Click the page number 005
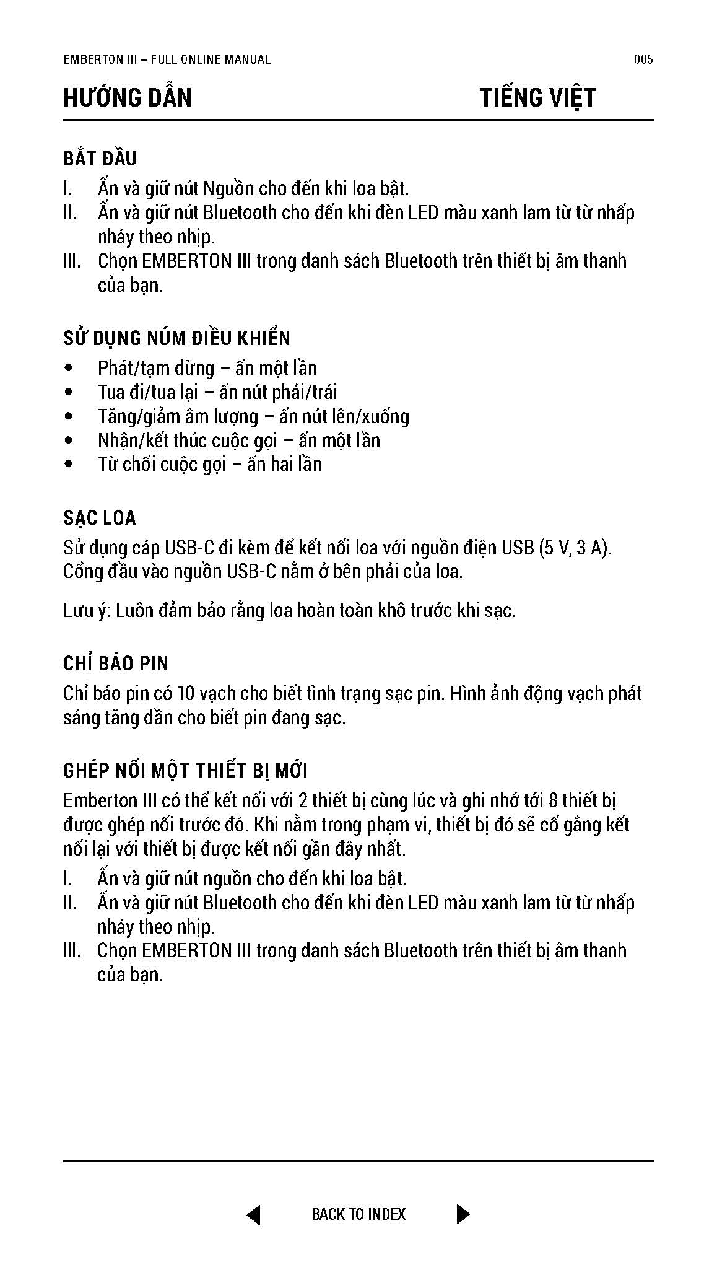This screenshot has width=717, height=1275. tap(643, 59)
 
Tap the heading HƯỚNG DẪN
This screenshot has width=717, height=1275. tap(128, 98)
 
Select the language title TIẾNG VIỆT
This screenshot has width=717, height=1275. tap(537, 98)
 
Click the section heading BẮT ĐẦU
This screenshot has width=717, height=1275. tap(100, 159)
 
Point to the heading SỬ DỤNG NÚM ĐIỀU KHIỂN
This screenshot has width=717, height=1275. tap(176, 338)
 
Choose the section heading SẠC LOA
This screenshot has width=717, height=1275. tap(100, 518)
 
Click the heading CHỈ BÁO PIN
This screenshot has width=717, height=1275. tap(116, 664)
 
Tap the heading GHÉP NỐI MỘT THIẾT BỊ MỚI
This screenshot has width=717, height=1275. tap(186, 771)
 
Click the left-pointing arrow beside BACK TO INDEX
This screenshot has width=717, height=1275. tap(254, 1214)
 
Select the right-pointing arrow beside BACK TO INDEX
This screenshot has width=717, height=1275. tap(463, 1214)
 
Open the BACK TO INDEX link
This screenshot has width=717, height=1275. tap(358, 1214)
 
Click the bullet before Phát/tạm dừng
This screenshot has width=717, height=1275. tap(69, 369)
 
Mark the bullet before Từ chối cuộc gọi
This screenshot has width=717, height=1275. tap(69, 465)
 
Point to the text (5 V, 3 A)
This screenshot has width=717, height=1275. tap(574, 548)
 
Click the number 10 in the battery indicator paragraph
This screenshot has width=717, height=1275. tap(186, 693)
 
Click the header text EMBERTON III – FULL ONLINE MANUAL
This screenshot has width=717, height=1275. tap(167, 59)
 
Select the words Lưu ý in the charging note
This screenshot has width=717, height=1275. tap(87, 611)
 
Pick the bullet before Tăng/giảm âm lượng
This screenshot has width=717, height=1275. tap(69, 417)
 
